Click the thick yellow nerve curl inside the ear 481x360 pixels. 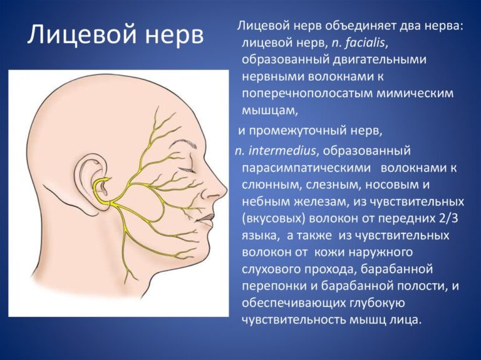100,190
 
